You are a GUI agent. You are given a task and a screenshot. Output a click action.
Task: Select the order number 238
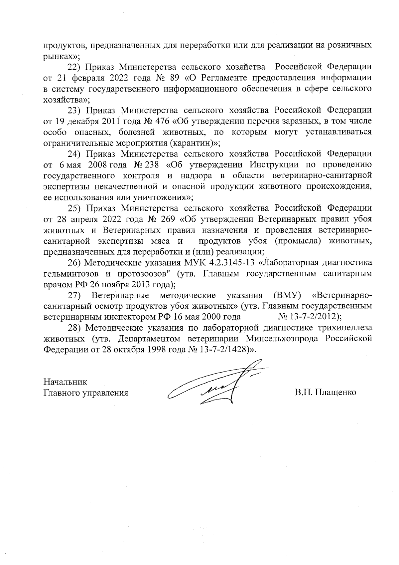point(153,165)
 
